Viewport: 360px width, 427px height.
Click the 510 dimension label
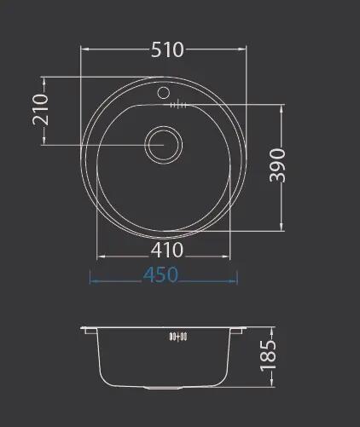[x=167, y=49]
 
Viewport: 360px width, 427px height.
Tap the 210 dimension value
[x=40, y=110]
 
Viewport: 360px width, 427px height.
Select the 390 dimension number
[x=277, y=165]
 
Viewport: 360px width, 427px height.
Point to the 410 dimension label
[x=167, y=250]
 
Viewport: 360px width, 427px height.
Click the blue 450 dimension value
[x=160, y=274]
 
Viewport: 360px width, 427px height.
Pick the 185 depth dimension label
[x=268, y=356]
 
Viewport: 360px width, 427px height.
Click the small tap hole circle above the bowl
[x=164, y=93]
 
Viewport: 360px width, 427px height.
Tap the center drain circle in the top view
[x=164, y=145]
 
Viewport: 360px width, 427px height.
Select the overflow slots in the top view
[x=178, y=106]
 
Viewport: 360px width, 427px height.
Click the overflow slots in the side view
[x=178, y=337]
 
